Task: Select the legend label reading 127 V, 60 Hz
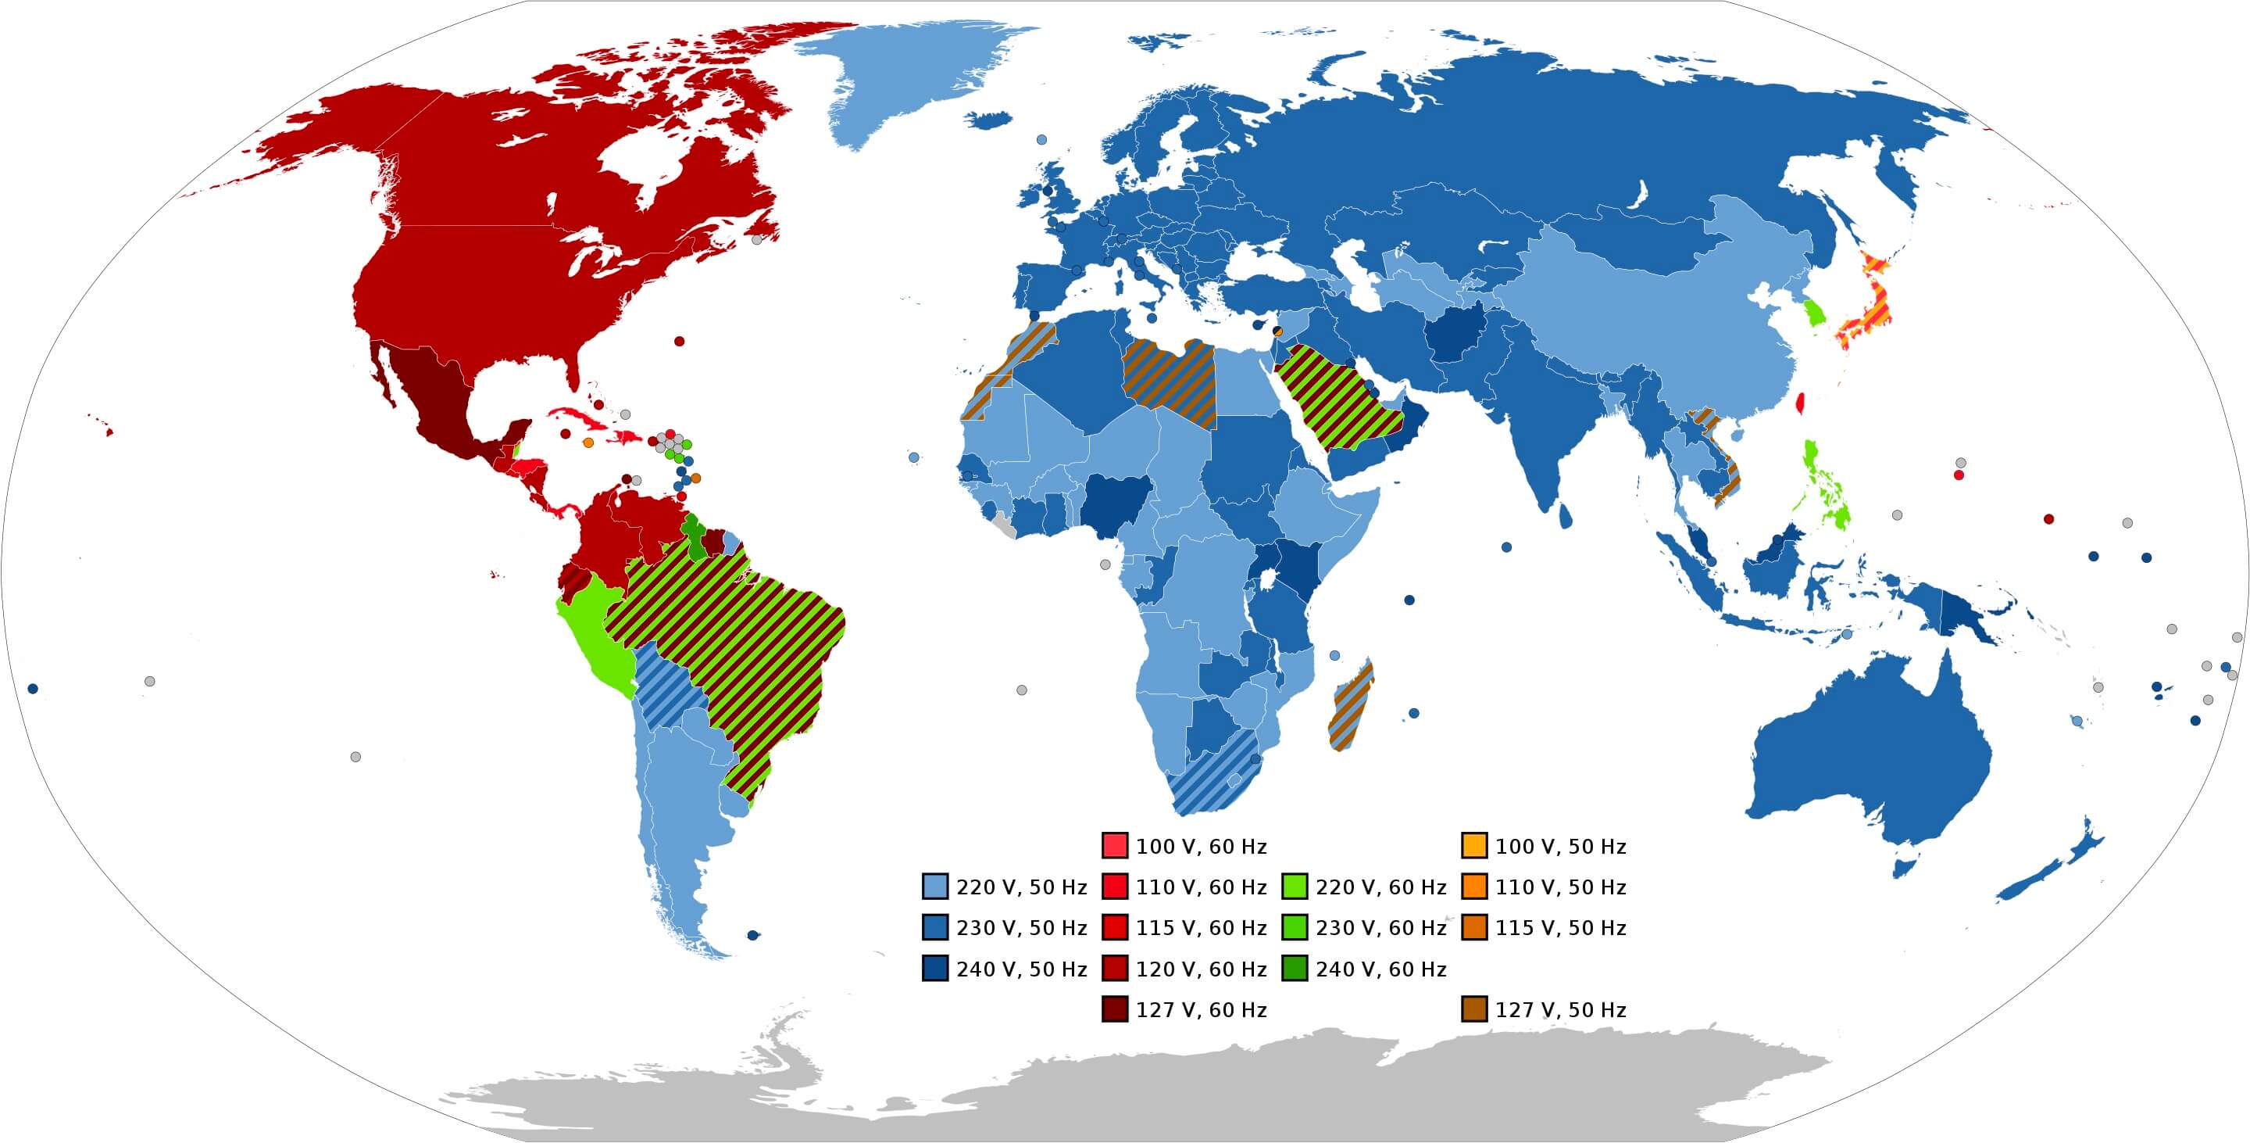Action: coord(1201,1009)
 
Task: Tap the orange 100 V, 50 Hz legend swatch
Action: coord(1473,845)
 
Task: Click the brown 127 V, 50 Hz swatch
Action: coord(1473,1009)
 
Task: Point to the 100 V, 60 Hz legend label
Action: coord(1201,846)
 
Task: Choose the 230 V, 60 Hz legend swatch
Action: coord(1295,927)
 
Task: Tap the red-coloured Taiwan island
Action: coord(1798,403)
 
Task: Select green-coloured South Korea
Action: coord(1815,312)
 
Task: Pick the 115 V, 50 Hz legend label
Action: coord(1560,927)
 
